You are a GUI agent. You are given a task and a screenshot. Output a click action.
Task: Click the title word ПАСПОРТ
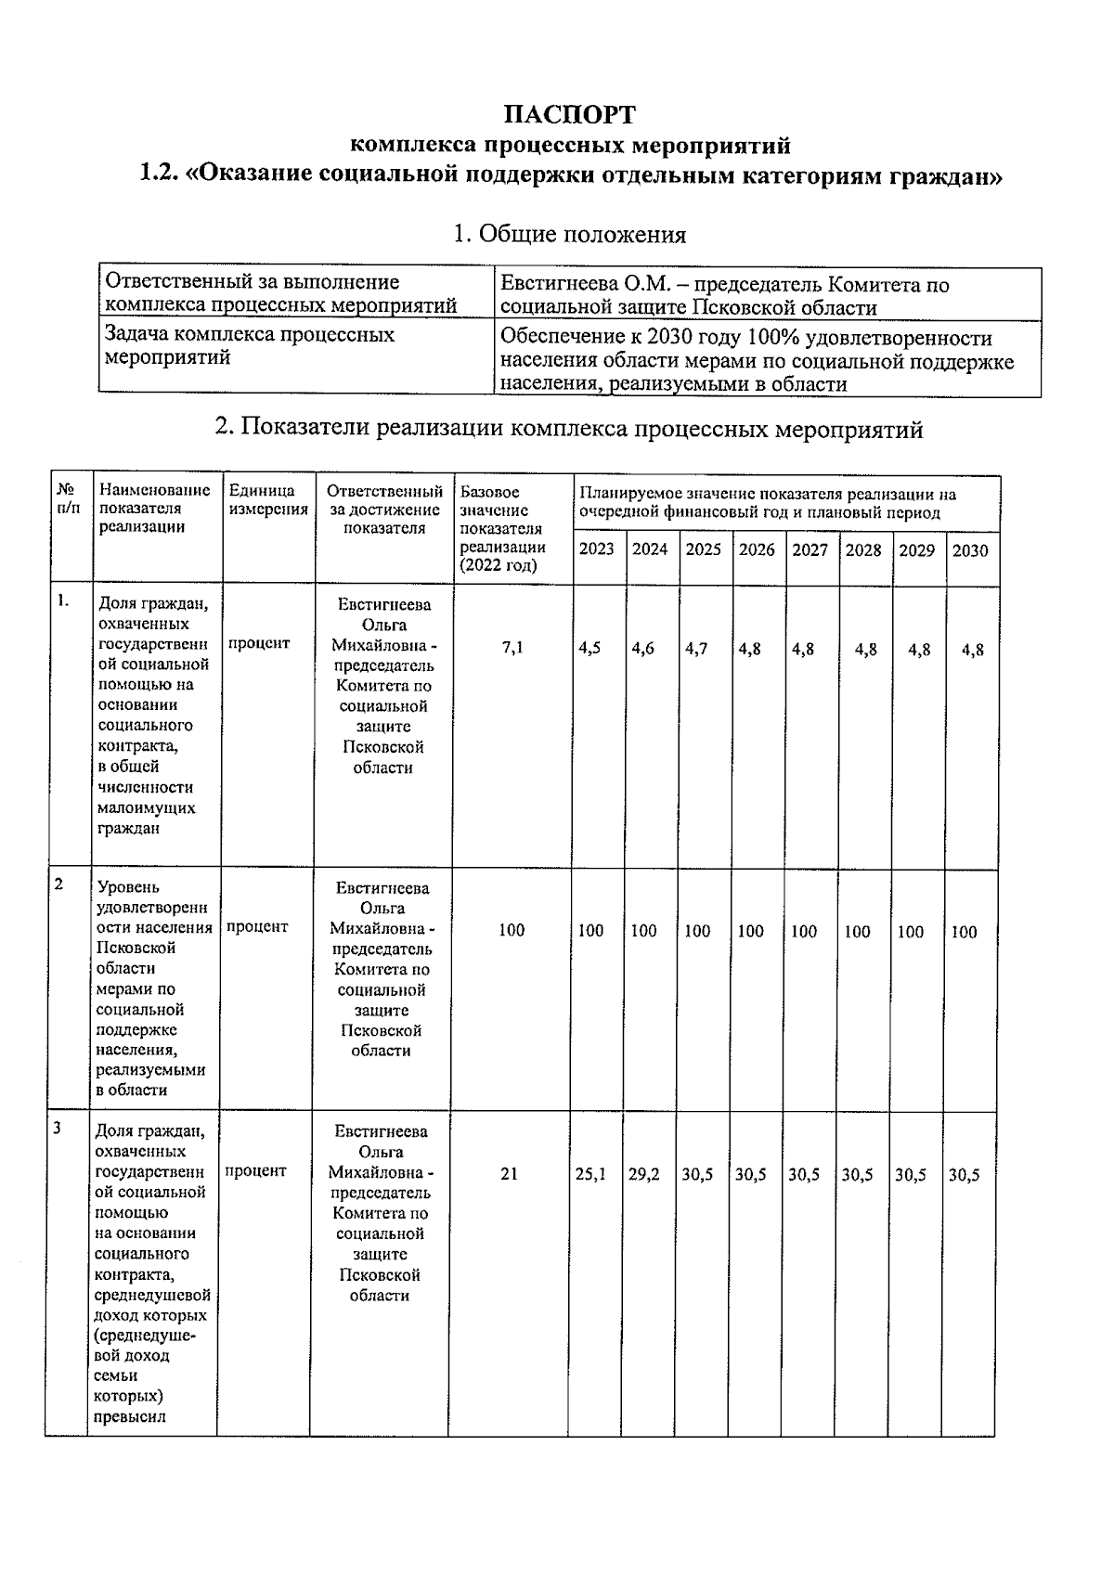(x=569, y=115)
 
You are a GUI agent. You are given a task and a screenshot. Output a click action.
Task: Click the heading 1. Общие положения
(x=568, y=235)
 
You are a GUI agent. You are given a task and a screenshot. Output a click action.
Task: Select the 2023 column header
(x=597, y=549)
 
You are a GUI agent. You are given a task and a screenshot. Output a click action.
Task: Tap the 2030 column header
(x=970, y=550)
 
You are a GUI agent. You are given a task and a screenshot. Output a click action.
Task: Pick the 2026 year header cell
(x=757, y=549)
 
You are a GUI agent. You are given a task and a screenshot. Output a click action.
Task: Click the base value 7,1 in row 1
(x=512, y=648)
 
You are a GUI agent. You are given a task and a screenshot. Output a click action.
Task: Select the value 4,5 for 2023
(x=589, y=649)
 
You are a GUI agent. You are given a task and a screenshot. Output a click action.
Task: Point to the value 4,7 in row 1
(x=696, y=649)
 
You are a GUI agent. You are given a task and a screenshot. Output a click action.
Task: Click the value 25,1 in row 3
(x=590, y=1174)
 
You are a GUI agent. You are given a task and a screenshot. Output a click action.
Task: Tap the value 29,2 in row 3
(x=644, y=1174)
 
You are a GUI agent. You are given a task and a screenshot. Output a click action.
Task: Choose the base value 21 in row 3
(x=509, y=1174)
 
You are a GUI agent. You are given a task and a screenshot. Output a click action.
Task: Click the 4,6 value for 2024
(x=642, y=649)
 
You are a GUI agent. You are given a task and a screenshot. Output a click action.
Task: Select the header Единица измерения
(x=267, y=500)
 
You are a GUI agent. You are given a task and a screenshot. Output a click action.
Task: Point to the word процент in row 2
(x=257, y=926)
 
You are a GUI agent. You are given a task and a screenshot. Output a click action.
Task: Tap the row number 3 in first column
(x=58, y=1129)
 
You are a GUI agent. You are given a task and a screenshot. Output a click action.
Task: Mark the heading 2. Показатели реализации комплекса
(x=568, y=429)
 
